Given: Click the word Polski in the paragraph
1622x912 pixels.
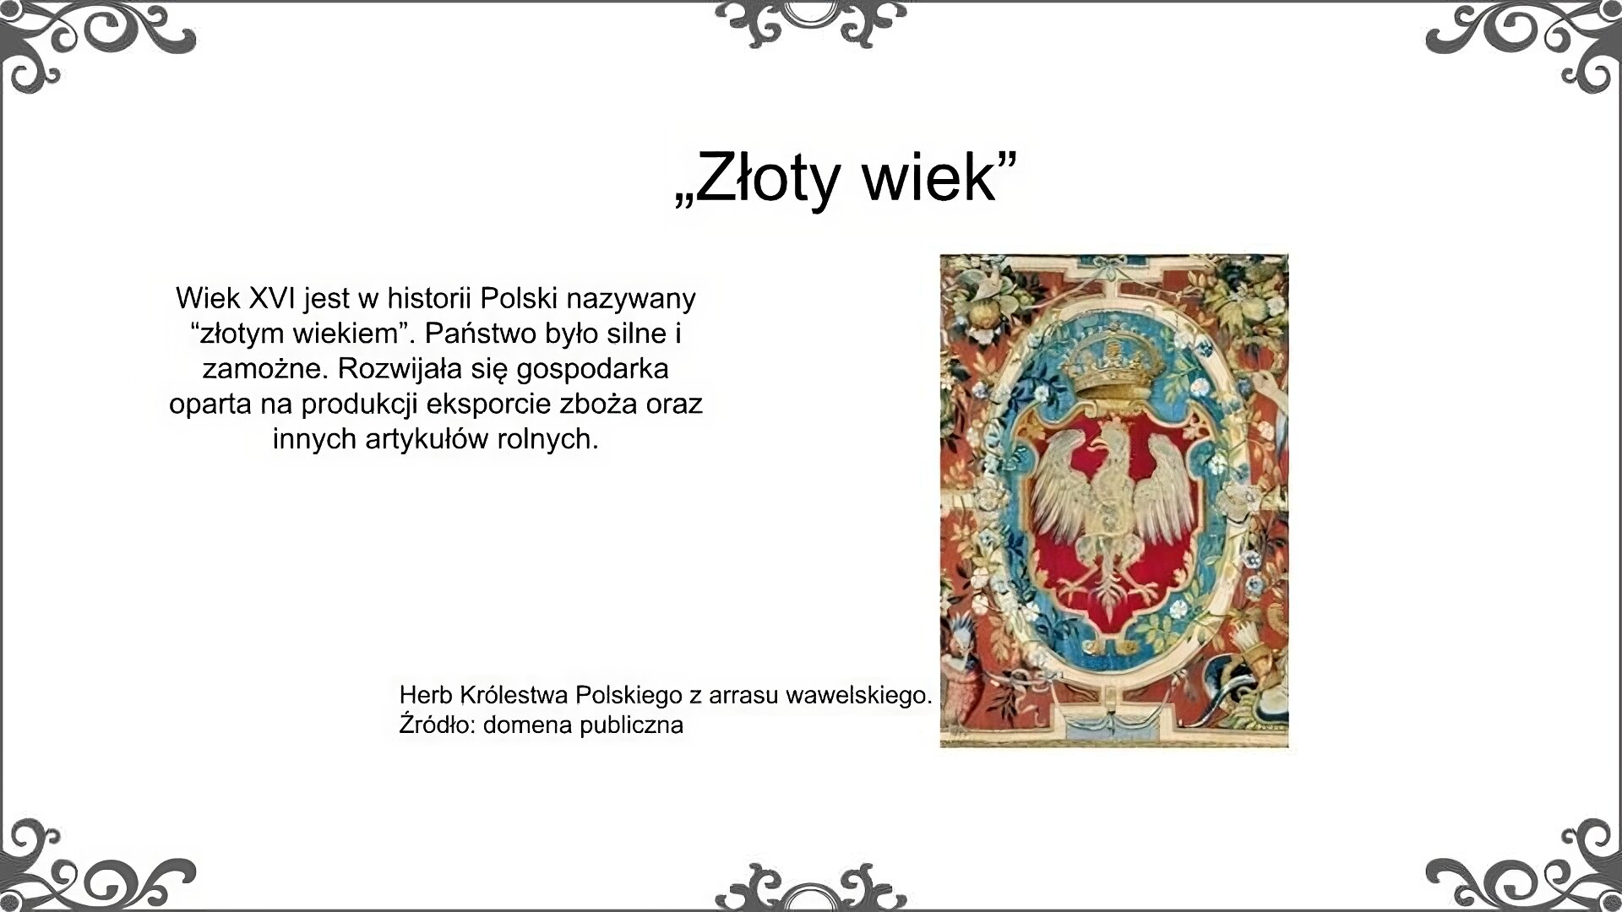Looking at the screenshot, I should point(519,298).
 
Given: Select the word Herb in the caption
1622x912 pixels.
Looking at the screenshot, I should point(426,695).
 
